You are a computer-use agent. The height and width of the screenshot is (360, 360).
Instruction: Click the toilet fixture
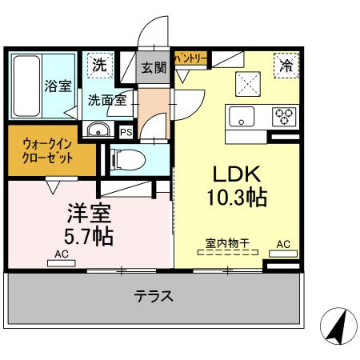tap(129, 160)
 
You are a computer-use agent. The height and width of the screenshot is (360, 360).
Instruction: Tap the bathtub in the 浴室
tap(26, 86)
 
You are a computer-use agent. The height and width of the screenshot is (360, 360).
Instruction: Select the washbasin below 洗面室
tap(98, 130)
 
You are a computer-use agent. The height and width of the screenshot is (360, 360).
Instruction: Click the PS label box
tap(126, 132)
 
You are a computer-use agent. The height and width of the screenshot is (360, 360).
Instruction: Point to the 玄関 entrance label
tap(154, 68)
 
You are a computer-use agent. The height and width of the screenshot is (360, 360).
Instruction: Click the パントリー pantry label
tap(190, 58)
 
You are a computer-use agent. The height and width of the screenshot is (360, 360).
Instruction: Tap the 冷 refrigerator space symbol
tap(286, 66)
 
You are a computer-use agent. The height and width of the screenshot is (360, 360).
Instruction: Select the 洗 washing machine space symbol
tap(100, 66)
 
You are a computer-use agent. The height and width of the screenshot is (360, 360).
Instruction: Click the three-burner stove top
tap(284, 117)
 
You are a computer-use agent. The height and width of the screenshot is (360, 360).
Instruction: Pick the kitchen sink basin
tap(242, 117)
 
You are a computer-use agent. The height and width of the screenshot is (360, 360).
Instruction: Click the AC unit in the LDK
tap(283, 254)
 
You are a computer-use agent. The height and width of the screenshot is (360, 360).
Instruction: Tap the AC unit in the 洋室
tap(62, 263)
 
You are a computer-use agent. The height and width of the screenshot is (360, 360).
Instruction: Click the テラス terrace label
tap(154, 296)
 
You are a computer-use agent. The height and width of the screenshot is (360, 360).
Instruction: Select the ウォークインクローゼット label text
tap(47, 151)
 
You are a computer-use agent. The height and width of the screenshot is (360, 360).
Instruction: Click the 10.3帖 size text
tap(237, 198)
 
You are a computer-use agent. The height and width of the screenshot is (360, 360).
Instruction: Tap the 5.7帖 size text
tap(89, 236)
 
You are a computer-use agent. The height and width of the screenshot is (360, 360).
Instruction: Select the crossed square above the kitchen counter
tap(248, 84)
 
